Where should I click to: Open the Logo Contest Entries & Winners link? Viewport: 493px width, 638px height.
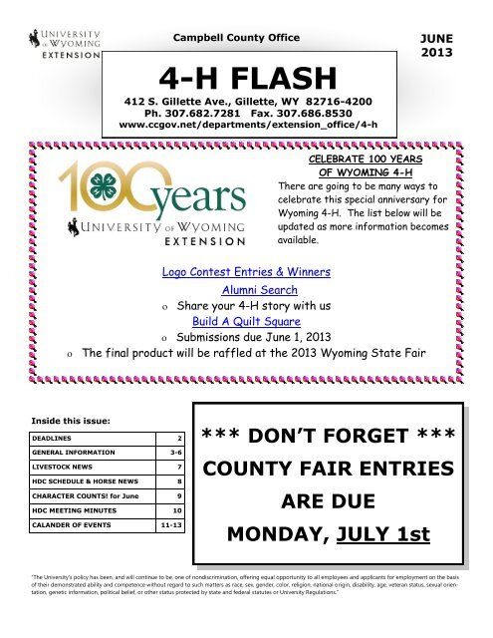click(247, 273)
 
